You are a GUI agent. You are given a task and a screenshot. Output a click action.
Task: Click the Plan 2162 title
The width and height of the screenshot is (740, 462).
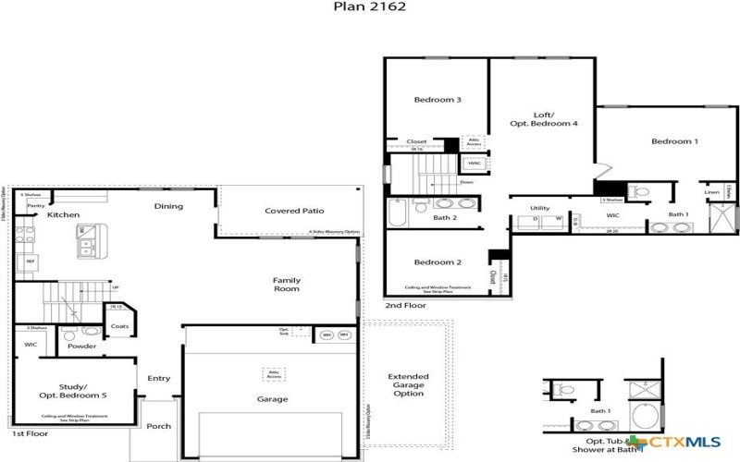[369, 6]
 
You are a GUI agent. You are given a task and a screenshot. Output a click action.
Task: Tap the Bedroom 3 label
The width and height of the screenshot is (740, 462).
[438, 100]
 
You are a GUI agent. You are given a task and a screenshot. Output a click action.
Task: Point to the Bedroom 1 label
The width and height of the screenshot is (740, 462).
[674, 141]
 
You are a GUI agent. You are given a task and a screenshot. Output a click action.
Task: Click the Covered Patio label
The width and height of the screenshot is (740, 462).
[293, 211]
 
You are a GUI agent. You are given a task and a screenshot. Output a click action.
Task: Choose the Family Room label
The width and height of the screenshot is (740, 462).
[286, 284]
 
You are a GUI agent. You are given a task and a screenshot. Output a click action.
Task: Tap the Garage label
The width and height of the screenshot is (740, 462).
[274, 399]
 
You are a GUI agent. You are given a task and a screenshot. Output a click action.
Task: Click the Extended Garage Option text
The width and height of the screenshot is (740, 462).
[408, 385]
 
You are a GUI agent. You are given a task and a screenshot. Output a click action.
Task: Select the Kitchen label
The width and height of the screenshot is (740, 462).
[64, 214]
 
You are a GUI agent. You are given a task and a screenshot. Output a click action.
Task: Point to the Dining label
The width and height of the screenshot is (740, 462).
[168, 206]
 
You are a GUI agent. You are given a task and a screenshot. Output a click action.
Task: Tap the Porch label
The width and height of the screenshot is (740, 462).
[158, 427]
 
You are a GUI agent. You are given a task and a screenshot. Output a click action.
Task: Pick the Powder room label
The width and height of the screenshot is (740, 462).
[81, 346]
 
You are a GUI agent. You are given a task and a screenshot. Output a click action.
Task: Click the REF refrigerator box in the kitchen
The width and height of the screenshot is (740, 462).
[31, 262]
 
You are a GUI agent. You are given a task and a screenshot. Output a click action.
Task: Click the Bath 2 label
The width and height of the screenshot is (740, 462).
[446, 218]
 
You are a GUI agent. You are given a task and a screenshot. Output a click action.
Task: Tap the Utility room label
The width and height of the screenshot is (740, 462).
[540, 208]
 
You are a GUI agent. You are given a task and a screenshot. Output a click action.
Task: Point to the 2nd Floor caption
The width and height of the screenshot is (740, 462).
[405, 304]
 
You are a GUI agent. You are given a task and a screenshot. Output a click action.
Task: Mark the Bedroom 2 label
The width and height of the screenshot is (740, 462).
[438, 262]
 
